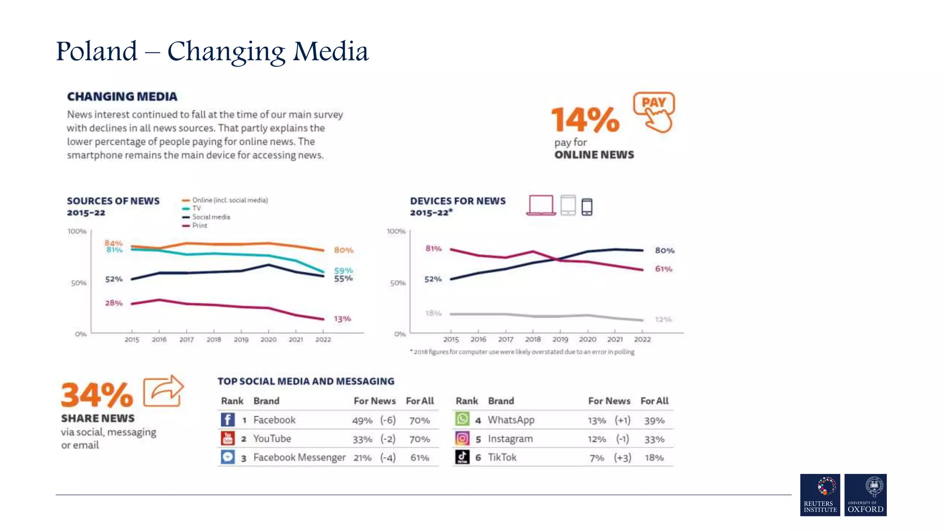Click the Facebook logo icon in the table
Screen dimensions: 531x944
[x=228, y=419]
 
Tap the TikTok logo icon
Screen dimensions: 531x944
[x=462, y=457]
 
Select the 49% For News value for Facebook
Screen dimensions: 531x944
[x=362, y=420]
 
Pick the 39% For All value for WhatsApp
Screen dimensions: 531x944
[x=654, y=420]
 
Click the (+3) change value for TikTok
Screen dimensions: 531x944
[x=622, y=458]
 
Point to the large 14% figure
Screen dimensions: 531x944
[x=585, y=119]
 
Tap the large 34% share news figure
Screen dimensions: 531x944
[x=97, y=395]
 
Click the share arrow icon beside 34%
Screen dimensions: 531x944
[x=164, y=391]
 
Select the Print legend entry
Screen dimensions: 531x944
[x=199, y=225]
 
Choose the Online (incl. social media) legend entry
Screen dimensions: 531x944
[x=230, y=200]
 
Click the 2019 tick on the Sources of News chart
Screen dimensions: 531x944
[x=241, y=339]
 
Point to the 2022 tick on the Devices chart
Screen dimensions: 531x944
[x=642, y=339]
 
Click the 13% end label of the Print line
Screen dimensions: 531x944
[x=342, y=319]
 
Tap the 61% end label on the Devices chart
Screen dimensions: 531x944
[x=663, y=269]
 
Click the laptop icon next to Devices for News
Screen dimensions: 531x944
[x=541, y=205]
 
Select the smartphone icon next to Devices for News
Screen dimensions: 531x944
[x=587, y=206]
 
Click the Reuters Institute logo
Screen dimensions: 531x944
[x=820, y=495]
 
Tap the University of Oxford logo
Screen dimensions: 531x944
[x=865, y=495]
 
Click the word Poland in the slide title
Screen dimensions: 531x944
[x=97, y=51]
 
